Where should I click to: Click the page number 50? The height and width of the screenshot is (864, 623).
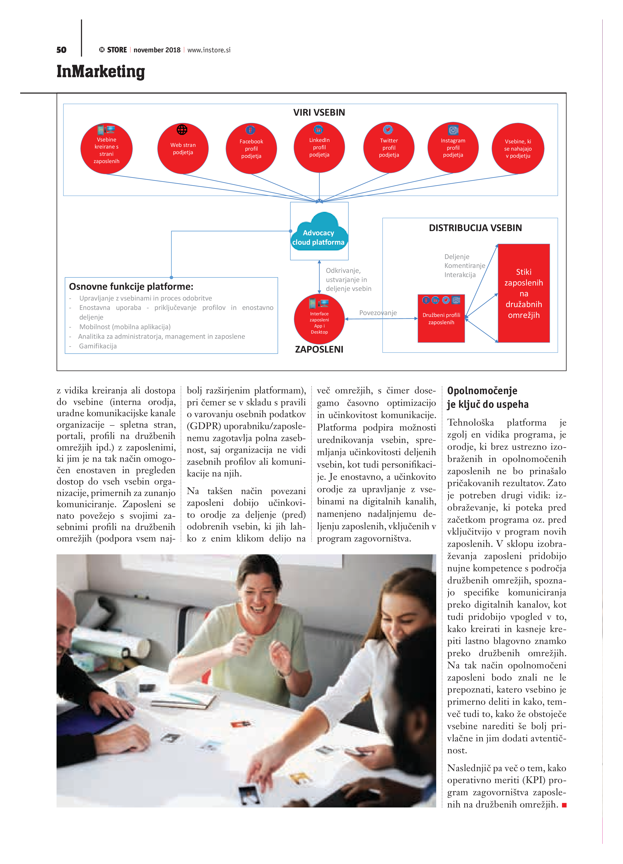tap(61, 50)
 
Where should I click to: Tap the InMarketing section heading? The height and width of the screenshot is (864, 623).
tap(101, 72)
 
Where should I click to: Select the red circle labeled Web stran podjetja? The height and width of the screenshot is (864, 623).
tap(183, 148)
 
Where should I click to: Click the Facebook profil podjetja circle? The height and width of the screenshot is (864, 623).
tap(251, 148)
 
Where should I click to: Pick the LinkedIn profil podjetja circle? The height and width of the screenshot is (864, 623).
tap(319, 147)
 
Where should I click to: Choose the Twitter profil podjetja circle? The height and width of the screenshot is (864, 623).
tap(389, 147)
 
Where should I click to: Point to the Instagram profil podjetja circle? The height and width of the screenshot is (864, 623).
tap(453, 147)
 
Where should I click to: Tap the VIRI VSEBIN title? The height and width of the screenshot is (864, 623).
tap(319, 112)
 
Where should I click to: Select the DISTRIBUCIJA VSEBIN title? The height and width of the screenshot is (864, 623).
tap(475, 228)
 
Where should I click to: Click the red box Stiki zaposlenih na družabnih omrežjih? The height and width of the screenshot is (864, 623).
tap(524, 293)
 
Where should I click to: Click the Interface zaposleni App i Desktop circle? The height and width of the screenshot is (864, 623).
tap(319, 319)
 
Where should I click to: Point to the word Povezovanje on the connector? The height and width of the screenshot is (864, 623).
tap(378, 313)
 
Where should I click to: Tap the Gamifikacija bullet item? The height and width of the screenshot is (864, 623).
tap(98, 346)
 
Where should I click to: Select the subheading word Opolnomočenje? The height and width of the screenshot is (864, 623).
tap(482, 391)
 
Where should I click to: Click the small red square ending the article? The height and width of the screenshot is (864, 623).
tap(564, 805)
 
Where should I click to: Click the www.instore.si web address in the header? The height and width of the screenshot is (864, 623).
tap(209, 50)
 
